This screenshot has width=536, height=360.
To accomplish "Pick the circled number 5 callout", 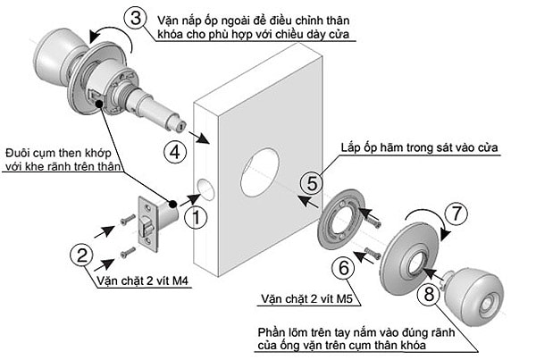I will coord(311,184).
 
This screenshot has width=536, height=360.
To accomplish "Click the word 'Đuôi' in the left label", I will coord(21,152).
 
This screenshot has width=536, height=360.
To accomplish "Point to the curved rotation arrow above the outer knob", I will coord(113,36).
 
